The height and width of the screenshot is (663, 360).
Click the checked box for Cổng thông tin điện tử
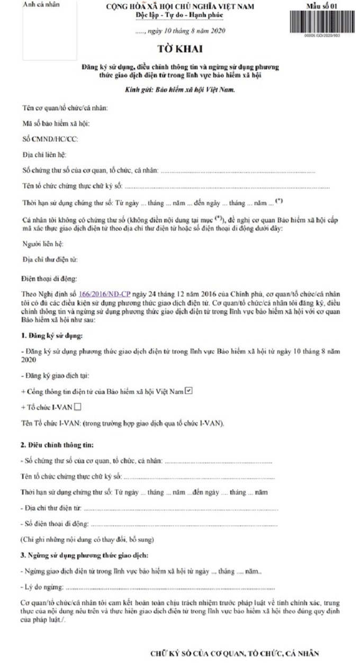click(188, 391)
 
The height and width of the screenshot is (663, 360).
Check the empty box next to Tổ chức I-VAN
click(78, 407)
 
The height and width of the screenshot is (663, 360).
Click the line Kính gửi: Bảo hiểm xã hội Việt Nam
click(179, 90)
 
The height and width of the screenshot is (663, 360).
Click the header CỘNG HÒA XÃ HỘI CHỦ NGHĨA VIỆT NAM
click(180, 6)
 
